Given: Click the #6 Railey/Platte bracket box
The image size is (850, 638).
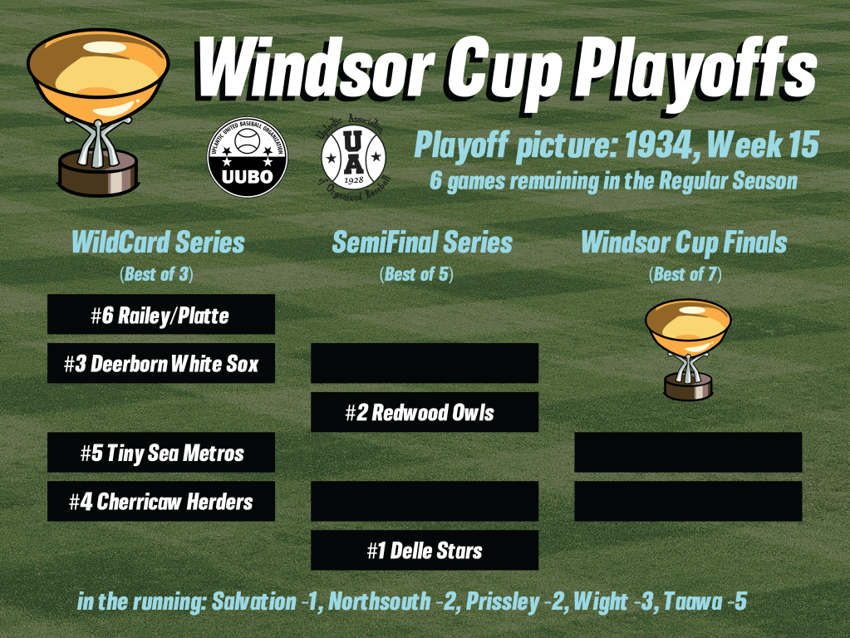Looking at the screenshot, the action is click(x=161, y=314).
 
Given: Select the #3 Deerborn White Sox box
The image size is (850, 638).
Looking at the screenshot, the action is click(x=161, y=363).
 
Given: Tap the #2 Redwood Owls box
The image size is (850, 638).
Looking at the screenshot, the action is click(x=425, y=412).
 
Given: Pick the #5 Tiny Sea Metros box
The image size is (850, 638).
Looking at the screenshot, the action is click(x=161, y=452).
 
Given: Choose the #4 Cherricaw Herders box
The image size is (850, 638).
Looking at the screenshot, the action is click(x=161, y=502).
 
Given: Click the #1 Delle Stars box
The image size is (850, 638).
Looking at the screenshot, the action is click(x=425, y=550).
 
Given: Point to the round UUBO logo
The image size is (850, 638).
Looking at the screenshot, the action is click(x=248, y=157).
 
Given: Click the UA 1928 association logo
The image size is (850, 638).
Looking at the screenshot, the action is click(x=353, y=157).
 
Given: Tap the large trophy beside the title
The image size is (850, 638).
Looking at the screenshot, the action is click(x=97, y=112).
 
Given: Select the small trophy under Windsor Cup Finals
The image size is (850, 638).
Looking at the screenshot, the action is click(x=688, y=351).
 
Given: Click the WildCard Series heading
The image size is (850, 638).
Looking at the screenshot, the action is click(x=158, y=243).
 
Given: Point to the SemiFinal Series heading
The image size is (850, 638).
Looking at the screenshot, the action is click(x=422, y=243).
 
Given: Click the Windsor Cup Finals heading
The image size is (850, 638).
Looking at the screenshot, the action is click(x=684, y=243).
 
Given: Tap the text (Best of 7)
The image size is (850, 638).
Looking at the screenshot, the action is click(x=685, y=274).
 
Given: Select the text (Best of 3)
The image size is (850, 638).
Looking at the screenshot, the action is click(x=156, y=274).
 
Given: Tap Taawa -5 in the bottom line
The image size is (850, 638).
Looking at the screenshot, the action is click(x=705, y=601).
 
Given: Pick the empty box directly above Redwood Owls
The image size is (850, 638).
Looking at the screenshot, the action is click(x=425, y=363).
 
